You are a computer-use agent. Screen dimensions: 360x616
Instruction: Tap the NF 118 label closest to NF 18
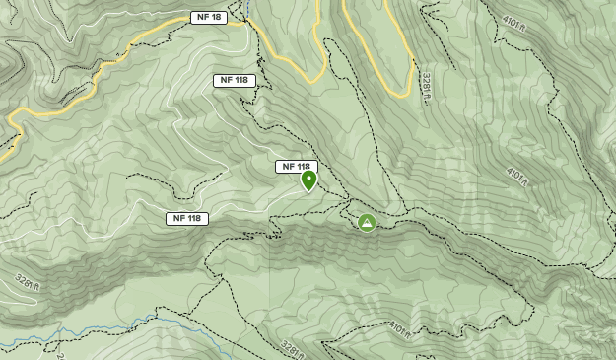pos(234,81)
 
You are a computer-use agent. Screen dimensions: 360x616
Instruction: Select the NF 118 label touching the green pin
pos(295,167)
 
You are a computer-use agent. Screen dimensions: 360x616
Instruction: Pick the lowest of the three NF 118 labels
pos(186,218)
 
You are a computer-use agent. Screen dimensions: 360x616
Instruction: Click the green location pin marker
pos(308,180)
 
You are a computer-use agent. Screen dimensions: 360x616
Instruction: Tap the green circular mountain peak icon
pos(367,223)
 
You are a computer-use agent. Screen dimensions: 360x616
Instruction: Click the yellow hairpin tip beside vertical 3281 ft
pos(399,93)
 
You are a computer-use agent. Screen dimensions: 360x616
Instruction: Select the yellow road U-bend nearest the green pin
pos(313,77)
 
